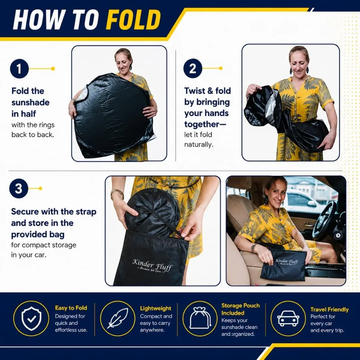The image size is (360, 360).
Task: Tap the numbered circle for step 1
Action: click(19, 69)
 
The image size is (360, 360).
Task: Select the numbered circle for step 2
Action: click(193, 68)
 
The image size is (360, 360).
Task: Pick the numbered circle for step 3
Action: click(19, 188)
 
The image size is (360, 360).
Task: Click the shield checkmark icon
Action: click(31, 319)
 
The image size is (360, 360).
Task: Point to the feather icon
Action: click(118, 318)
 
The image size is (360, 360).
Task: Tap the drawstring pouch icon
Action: click(200, 318)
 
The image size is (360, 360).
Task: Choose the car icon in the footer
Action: click(288, 318)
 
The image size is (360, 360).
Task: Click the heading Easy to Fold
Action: click(71, 308)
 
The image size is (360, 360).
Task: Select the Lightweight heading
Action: click(156, 308)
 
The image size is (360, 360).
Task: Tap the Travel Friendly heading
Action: click(329, 309)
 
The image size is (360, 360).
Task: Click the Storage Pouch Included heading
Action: click(240, 309)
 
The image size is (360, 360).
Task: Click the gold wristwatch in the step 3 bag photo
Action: click(117, 194)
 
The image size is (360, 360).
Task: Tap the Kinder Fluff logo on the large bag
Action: click(152, 265)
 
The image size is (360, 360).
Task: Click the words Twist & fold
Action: click(208, 91)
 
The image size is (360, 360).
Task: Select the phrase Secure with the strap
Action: click(54, 212)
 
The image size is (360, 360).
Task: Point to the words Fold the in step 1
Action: click(28, 91)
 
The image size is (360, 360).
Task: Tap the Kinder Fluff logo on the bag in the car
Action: click(286, 262)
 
